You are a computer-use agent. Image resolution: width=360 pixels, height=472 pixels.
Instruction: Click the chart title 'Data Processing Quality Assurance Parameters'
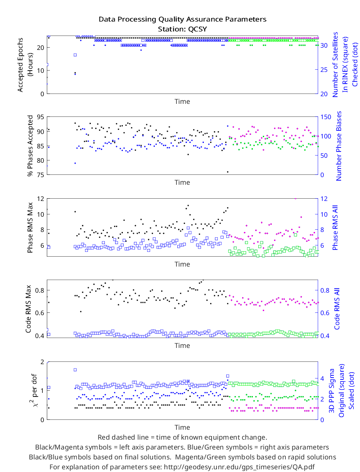pos(182,19)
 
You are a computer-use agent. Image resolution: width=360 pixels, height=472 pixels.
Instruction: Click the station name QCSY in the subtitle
pos(197,29)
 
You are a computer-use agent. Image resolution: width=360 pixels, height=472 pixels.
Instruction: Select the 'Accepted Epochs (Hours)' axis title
pos(24,65)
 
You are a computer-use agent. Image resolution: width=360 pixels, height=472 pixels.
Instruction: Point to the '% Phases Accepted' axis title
pos(30,146)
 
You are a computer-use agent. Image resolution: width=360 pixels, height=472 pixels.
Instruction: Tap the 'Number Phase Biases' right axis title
pos(339,146)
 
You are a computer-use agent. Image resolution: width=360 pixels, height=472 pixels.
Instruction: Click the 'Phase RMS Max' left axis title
pos(30,227)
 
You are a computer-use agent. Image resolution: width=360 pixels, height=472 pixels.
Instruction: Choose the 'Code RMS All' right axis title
pos(337,309)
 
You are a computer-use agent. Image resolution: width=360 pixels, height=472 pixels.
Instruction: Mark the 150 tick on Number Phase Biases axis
pos(326,117)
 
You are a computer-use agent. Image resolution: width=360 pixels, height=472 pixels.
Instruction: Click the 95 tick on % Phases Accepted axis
pos(40,117)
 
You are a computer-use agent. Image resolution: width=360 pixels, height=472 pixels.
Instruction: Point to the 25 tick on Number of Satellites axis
pos(324,70)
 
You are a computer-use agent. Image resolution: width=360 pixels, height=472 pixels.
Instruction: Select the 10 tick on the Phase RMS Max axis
pos(40,214)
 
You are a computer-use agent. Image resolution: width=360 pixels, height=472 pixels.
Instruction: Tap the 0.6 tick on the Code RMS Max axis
pos(40,313)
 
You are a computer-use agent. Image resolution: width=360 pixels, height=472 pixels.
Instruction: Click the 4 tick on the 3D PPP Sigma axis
pos(322,378)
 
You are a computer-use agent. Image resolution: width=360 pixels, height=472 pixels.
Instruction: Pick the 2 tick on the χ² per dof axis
pos(42,362)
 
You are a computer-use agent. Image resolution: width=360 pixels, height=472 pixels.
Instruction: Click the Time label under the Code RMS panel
pos(182,346)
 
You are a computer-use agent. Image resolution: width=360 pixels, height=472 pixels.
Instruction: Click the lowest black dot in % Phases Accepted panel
pos(228,172)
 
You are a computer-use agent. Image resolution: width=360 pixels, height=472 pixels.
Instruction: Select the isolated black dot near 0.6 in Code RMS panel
pos(81,312)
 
